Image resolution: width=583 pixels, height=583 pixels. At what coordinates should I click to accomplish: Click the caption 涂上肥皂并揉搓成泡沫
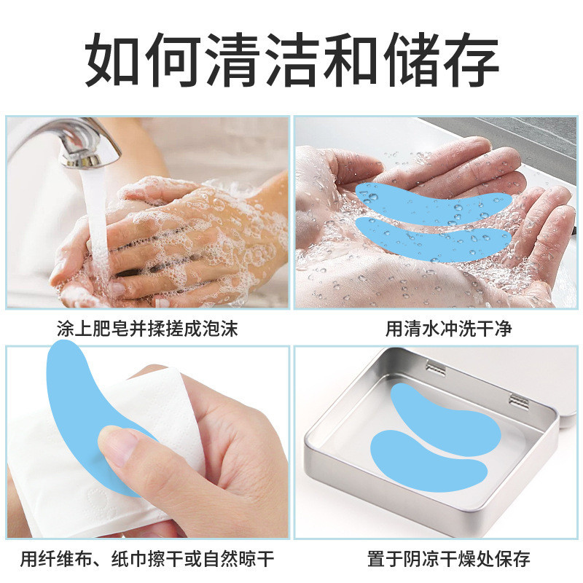click(x=147, y=329)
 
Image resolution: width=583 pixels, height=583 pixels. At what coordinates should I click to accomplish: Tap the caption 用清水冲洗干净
click(x=448, y=329)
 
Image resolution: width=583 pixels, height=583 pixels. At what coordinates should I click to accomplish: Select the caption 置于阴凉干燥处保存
click(x=449, y=559)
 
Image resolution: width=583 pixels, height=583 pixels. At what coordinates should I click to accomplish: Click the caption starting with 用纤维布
click(x=147, y=559)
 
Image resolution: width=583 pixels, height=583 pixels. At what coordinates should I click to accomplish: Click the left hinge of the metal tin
click(x=435, y=367)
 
